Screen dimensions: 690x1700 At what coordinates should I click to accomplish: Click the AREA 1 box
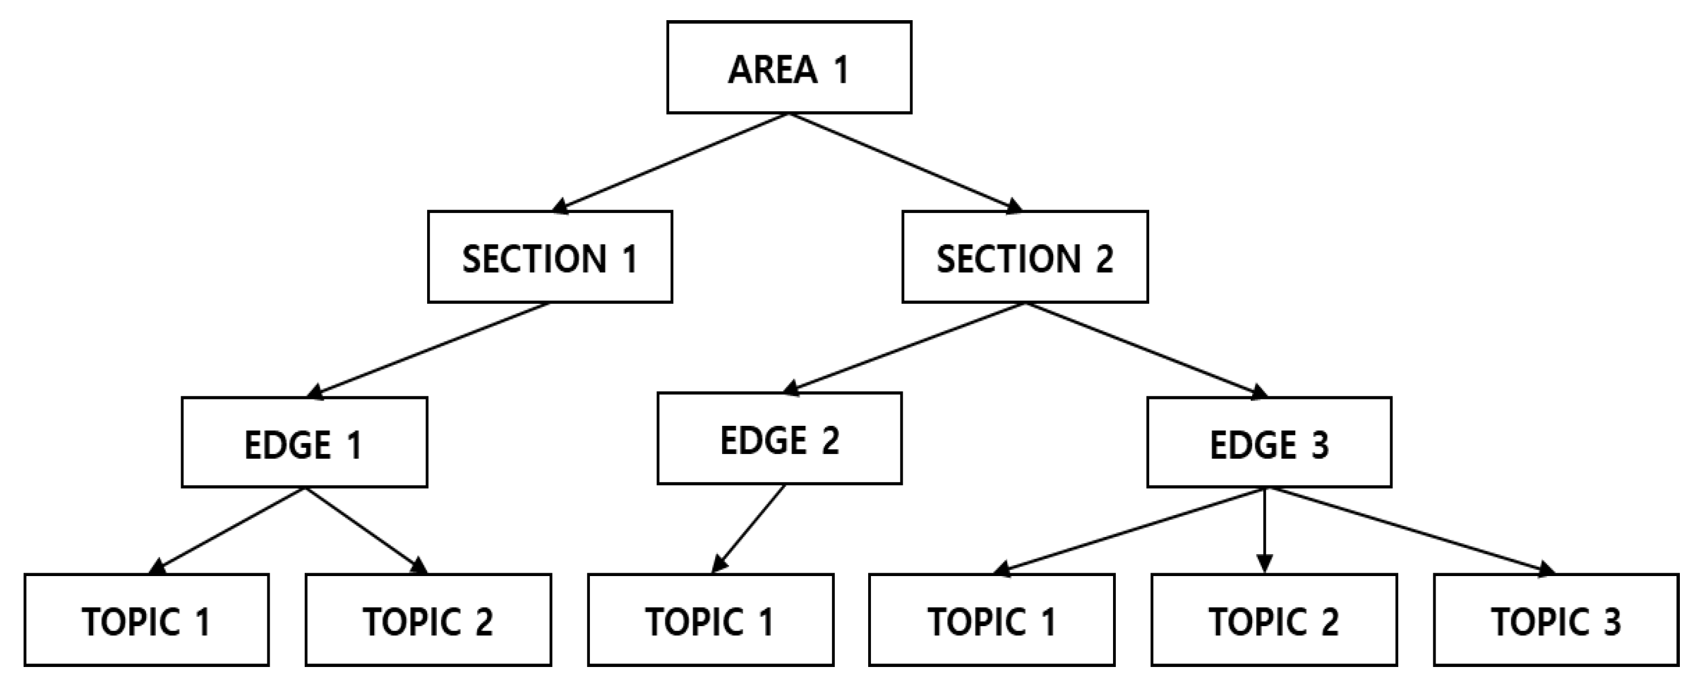(789, 67)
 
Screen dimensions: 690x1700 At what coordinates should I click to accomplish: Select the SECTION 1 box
(550, 257)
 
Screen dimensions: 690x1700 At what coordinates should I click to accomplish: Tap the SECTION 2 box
(1024, 257)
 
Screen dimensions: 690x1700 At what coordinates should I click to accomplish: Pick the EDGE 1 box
(304, 443)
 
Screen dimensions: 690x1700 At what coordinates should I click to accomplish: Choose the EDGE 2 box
(779, 439)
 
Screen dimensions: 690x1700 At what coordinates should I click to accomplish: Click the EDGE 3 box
(1268, 443)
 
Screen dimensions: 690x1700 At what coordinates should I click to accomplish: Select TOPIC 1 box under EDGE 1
(147, 620)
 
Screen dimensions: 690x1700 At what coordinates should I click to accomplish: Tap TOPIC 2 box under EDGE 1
(428, 620)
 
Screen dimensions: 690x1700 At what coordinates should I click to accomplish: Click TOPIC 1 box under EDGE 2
(710, 620)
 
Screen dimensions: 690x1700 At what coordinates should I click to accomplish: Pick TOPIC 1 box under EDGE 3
(991, 620)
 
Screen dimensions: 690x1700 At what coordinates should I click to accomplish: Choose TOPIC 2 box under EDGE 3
(1273, 620)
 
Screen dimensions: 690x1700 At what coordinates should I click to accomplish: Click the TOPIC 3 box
(1556, 620)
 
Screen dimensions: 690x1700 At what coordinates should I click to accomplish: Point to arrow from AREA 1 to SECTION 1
(670, 163)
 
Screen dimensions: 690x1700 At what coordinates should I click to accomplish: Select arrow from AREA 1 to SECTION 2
(905, 163)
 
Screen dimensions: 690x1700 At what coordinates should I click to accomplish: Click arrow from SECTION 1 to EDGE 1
(429, 350)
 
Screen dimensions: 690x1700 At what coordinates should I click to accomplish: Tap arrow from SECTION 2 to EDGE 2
(904, 348)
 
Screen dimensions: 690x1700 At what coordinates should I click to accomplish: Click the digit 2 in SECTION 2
(1104, 258)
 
